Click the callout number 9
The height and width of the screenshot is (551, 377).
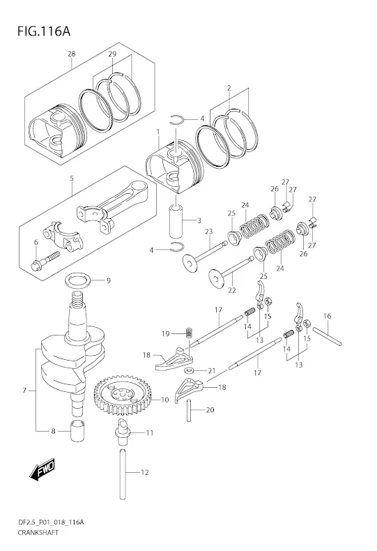click(x=108, y=281)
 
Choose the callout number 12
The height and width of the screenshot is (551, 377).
click(x=145, y=473)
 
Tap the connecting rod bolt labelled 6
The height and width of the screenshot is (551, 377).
click(x=39, y=264)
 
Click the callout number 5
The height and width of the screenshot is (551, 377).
click(x=72, y=178)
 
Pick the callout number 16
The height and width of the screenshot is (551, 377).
click(x=326, y=316)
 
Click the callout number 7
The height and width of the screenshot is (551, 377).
click(x=24, y=391)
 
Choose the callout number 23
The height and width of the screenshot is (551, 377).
click(x=208, y=232)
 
